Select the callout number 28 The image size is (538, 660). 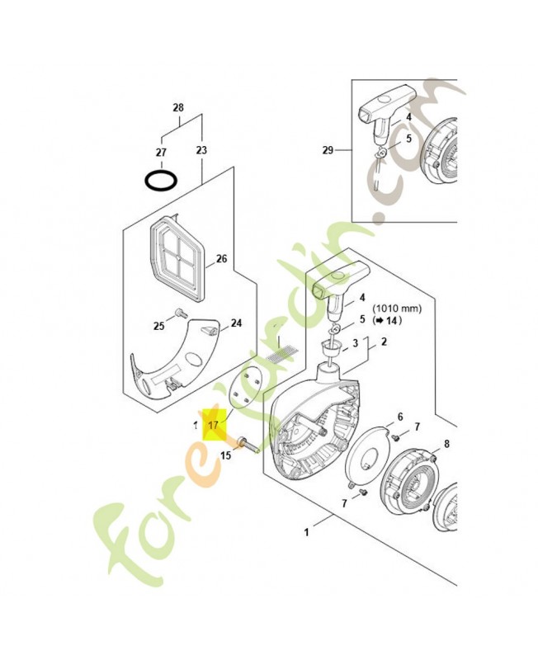coord(178,108)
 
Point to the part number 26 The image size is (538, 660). coord(221,259)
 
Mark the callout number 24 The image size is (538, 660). coord(236,323)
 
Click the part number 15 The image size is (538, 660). coord(224,455)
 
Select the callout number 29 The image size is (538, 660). coord(328,150)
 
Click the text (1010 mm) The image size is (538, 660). coord(399,309)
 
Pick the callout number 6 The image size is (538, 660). coord(400,417)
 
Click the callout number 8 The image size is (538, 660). coord(446,444)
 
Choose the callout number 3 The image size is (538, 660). coord(355,342)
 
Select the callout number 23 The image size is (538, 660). coord(201,151)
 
